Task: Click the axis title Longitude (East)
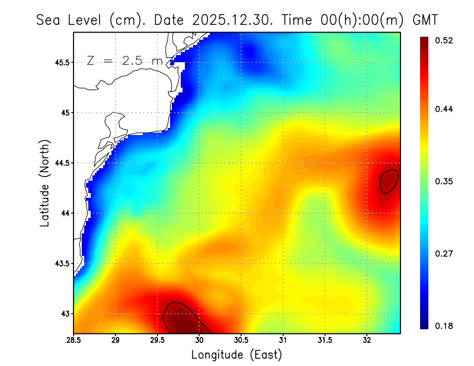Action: point(236,355)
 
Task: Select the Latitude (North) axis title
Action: point(45,183)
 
